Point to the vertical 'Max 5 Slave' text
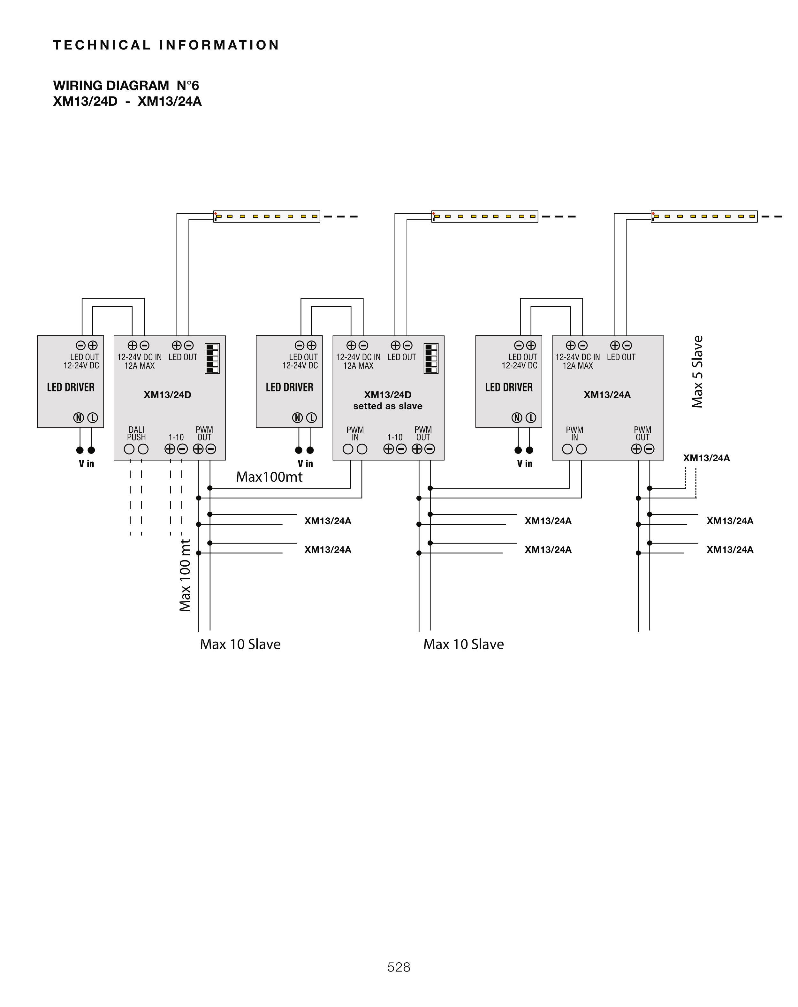click(x=697, y=372)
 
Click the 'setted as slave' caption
click(x=388, y=406)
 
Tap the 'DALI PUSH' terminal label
click(x=136, y=433)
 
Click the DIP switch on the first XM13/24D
click(x=212, y=358)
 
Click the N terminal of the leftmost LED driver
click(x=79, y=417)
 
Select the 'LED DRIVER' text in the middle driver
click(x=290, y=387)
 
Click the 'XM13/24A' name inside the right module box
click(x=607, y=395)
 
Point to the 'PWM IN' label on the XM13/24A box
click(x=574, y=433)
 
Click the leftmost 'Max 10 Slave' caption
click(x=240, y=644)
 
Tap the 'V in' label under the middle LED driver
click(x=305, y=463)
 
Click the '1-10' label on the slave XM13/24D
click(x=395, y=437)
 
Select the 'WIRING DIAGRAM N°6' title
click(x=126, y=86)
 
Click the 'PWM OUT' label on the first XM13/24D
click(x=204, y=433)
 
